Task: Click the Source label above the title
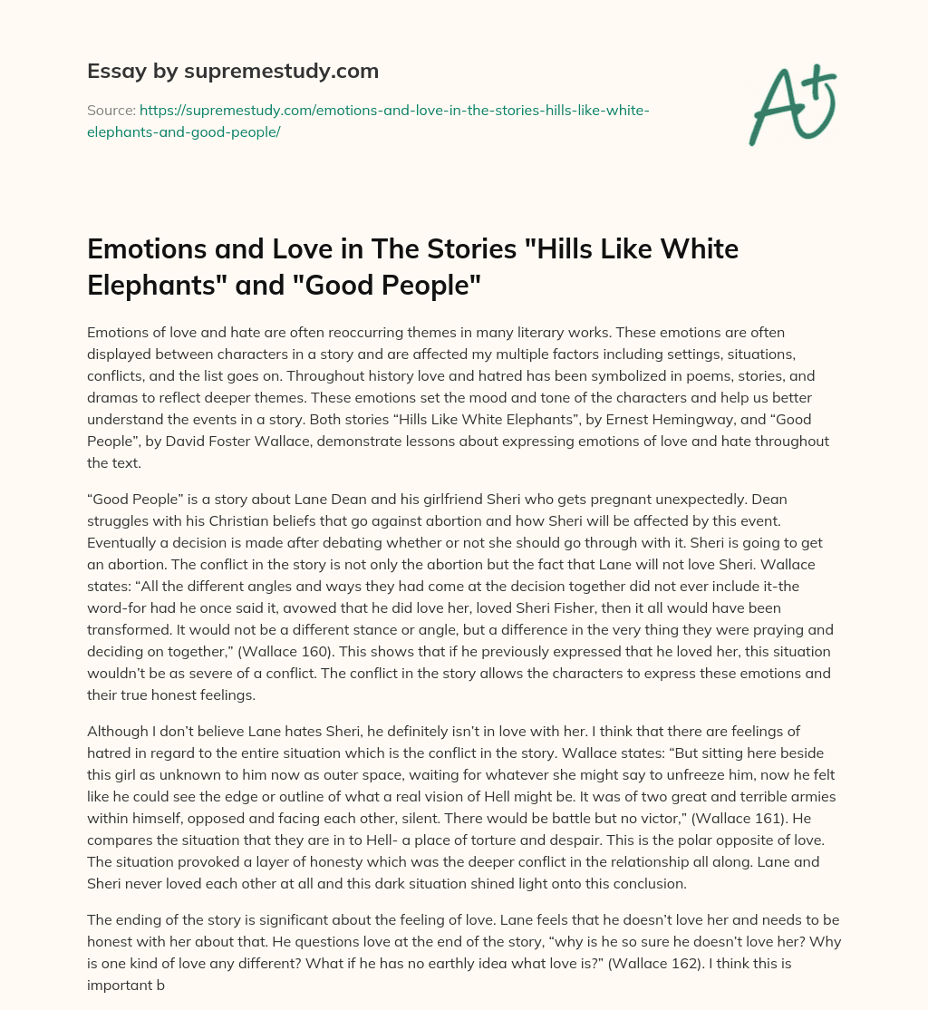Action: (x=110, y=110)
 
